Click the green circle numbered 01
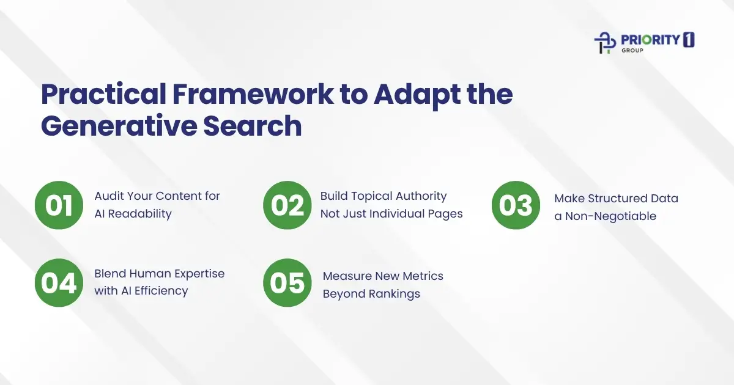tap(59, 205)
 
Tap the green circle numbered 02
tap(287, 205)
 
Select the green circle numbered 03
tap(516, 205)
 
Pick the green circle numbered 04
tap(59, 282)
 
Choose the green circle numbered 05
tap(287, 282)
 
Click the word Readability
tap(142, 214)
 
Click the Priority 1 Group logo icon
tap(605, 42)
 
